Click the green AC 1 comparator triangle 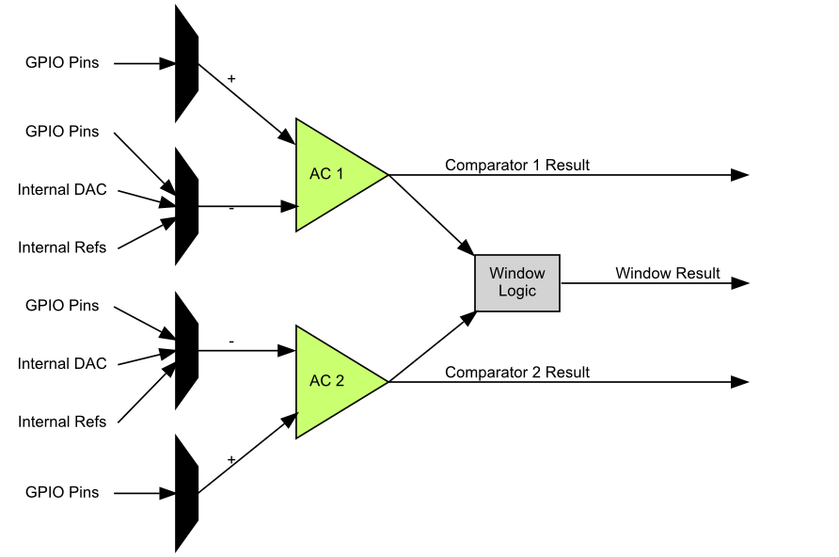tap(329, 175)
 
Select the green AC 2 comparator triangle tap(329, 382)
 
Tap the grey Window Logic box tap(516, 282)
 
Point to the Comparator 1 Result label tap(517, 165)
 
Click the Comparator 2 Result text tap(517, 373)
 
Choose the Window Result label tap(668, 273)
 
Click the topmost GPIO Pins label tap(62, 64)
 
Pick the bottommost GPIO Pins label tap(62, 492)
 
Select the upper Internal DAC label tap(62, 189)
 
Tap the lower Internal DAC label tap(62, 363)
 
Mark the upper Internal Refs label tap(62, 247)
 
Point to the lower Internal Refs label tap(62, 422)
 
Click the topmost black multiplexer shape tap(186, 64)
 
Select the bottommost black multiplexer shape tap(186, 492)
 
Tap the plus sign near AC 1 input tap(231, 78)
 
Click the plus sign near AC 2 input tap(231, 459)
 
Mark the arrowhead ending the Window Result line tap(740, 282)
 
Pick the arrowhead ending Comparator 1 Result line tap(740, 175)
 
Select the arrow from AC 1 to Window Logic tap(432, 215)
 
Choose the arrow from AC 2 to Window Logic tap(432, 346)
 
